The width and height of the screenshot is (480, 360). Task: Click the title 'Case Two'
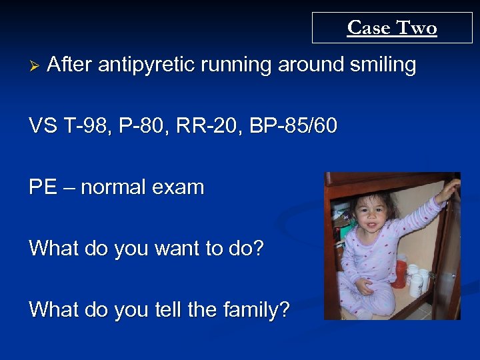click(x=391, y=28)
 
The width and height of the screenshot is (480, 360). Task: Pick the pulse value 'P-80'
click(x=146, y=126)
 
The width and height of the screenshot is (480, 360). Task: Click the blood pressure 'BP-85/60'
click(x=293, y=126)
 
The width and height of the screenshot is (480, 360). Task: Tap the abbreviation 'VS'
click(x=42, y=126)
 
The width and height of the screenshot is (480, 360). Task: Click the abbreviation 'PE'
click(x=41, y=187)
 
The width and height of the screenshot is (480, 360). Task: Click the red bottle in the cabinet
click(x=400, y=273)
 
